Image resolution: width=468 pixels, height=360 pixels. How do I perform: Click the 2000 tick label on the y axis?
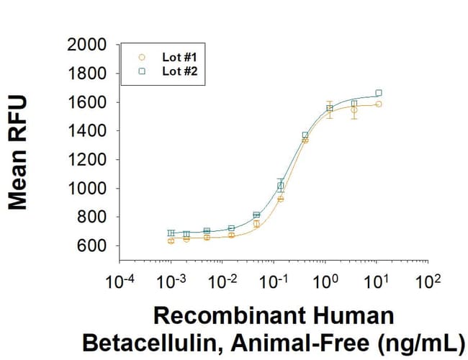86,45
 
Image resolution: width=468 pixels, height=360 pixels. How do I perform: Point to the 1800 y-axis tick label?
86,73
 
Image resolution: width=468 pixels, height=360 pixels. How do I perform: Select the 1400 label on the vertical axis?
86,131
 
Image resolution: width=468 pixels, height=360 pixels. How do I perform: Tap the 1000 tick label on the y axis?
86,189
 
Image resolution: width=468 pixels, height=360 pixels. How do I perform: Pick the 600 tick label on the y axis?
92,246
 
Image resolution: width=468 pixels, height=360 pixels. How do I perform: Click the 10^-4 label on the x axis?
120,279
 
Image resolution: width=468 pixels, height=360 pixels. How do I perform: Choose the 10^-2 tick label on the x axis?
222,279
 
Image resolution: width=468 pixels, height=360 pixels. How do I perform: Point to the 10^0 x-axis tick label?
325,279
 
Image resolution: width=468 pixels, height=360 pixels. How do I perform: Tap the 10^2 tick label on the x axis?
428,279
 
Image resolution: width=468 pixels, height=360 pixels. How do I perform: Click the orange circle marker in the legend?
142,56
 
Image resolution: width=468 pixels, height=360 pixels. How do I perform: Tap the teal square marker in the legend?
142,71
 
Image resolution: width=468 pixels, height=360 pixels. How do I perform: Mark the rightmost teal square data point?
379,93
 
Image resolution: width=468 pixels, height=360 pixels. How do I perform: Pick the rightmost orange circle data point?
379,104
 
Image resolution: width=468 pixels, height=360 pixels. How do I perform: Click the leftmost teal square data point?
171,233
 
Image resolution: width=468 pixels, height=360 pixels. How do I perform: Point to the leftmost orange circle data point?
171,240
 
